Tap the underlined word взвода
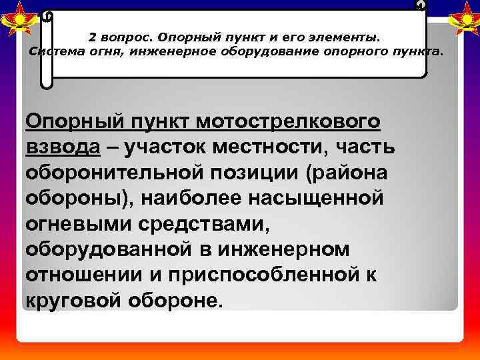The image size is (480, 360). (x=62, y=147)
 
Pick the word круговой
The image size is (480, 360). (x=71, y=298)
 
